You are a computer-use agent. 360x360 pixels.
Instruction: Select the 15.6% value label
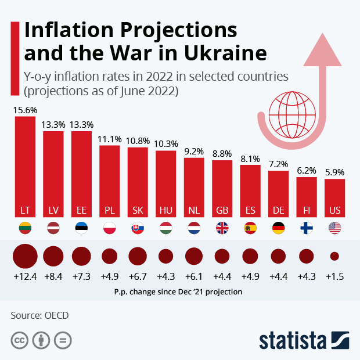25,110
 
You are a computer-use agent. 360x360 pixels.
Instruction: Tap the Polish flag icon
109,228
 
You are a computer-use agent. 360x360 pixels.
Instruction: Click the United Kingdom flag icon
222,228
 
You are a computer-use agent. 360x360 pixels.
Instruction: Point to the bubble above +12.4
25,256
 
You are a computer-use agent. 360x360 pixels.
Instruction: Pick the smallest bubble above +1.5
334,256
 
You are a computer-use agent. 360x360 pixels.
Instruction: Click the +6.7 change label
138,276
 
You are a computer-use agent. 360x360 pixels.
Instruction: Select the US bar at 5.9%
334,197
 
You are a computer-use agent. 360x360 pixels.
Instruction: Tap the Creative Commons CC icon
20,340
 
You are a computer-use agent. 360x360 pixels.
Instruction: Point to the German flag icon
278,228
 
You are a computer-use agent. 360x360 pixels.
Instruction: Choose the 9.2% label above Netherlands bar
194,152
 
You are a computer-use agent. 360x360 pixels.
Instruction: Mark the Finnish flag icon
307,228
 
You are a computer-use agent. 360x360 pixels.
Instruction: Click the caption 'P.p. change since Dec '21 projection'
179,292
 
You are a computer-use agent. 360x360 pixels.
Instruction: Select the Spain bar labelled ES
250,191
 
